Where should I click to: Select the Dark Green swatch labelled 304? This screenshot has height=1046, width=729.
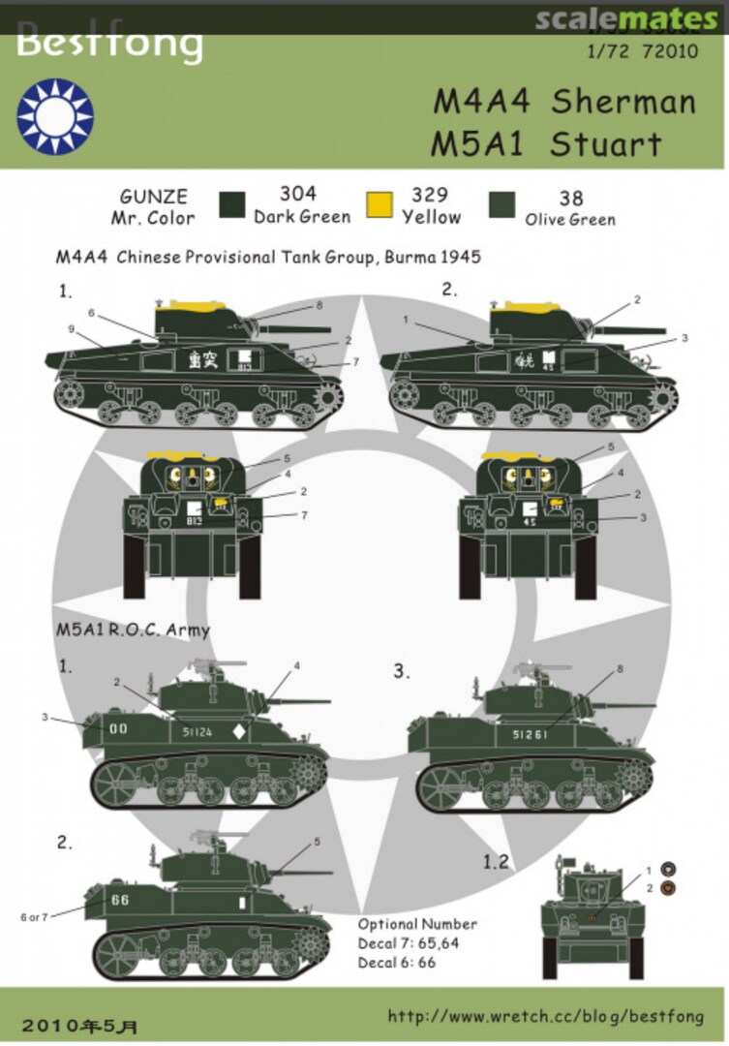pos(232,205)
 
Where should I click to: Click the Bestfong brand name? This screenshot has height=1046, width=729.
pos(109,45)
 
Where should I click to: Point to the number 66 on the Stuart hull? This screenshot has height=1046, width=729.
pos(120,900)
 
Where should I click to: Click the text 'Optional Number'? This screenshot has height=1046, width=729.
pos(417,924)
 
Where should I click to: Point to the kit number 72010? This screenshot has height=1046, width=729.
pos(667,53)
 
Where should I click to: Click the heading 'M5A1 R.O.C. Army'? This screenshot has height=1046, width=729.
pos(133,630)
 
